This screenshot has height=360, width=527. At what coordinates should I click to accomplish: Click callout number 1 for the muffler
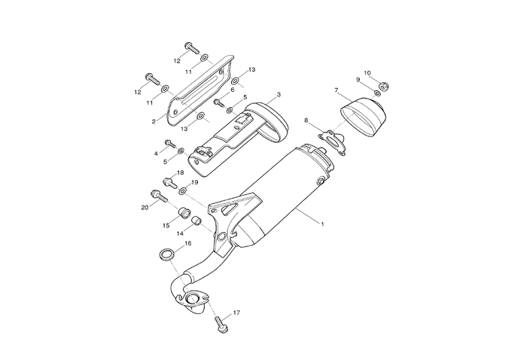pos(321,224)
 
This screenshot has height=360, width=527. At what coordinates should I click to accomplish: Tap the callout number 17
pos(236,313)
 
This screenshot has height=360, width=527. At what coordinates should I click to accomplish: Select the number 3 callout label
pos(279,95)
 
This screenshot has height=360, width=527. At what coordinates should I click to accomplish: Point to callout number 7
pos(337,90)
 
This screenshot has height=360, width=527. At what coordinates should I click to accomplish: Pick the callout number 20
pos(144,207)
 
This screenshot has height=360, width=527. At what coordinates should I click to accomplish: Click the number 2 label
pos(153,121)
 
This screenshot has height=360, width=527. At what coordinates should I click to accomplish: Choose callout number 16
pos(188,243)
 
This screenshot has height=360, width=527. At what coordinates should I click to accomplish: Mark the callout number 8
pos(306,121)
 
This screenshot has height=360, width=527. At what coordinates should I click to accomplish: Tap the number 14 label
pos(181,233)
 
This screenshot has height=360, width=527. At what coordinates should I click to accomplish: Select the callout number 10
pos(367,73)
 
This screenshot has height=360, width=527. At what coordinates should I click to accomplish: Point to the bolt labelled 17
pos(220,323)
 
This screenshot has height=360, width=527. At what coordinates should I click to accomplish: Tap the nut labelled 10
pos(381,86)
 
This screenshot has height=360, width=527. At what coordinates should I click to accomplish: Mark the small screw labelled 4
pos(169,143)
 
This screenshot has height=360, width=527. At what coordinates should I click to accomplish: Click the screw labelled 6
pos(218,101)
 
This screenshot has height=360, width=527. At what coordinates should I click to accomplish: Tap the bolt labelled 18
pos(168,182)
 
